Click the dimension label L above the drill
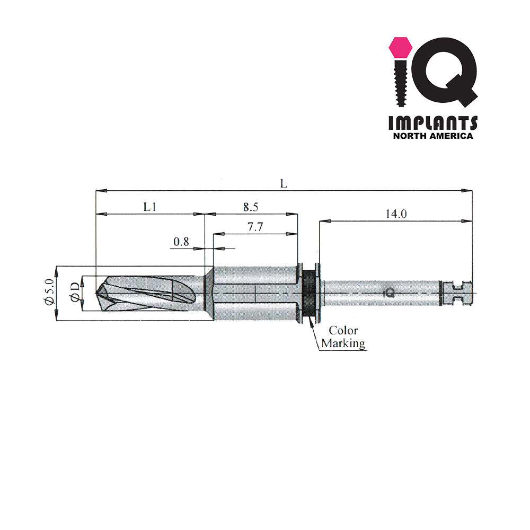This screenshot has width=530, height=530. pos(284,183)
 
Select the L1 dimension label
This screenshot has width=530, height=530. pos(150,207)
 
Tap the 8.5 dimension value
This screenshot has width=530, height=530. pos(251,207)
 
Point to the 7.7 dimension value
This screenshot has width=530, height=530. pos(256,227)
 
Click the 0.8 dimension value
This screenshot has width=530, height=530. pos(181,242)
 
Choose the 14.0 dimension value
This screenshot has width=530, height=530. pos(396,214)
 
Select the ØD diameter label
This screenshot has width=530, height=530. pos(75,292)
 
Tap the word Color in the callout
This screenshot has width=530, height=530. pos(343,331)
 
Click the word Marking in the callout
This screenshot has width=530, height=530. pos(343,343)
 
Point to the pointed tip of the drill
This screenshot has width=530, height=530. pos(98,292)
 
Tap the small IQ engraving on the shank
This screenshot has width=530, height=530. pos(388,292)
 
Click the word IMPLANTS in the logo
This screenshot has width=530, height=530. pos(432,123)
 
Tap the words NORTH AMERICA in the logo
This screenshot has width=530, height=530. pos(432,136)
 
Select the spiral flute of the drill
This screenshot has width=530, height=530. pos(154,293)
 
